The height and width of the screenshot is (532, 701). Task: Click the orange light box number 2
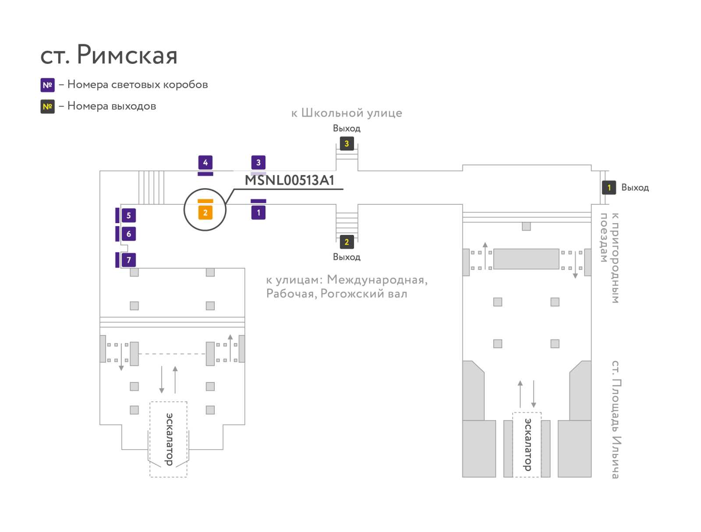click(x=205, y=213)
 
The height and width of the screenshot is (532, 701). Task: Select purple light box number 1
click(x=258, y=213)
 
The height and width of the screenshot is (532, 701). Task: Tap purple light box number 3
click(x=258, y=163)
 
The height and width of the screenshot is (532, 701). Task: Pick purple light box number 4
click(x=205, y=163)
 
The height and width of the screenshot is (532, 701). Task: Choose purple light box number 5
click(x=129, y=216)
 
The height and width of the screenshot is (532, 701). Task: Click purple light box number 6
click(x=129, y=234)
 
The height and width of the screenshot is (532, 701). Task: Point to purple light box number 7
click(x=129, y=260)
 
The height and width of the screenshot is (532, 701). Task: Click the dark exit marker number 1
click(x=609, y=187)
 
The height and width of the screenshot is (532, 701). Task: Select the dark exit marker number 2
click(x=347, y=242)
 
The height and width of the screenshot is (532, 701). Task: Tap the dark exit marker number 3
click(x=347, y=144)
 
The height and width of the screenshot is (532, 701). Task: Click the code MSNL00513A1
click(x=289, y=180)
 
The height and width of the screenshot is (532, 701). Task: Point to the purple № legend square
click(x=48, y=85)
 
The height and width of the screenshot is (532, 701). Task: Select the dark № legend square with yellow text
click(x=48, y=106)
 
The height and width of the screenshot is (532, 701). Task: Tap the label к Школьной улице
click(x=347, y=113)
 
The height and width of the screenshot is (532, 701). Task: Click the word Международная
click(x=377, y=280)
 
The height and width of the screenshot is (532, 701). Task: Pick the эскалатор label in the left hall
click(x=169, y=439)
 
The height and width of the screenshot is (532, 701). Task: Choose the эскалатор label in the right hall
click(x=527, y=444)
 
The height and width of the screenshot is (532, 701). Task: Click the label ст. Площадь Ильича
click(x=616, y=420)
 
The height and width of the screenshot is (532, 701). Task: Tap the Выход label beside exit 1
click(x=635, y=188)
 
